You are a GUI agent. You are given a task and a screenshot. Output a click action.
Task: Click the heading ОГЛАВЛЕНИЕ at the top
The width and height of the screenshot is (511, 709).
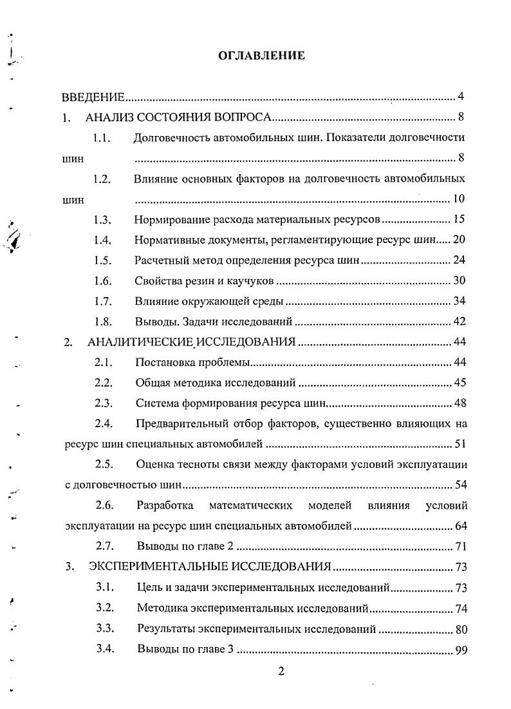pyautogui.click(x=261, y=55)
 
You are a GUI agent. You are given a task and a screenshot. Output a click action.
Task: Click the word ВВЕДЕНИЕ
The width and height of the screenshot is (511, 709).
pyautogui.click(x=93, y=98)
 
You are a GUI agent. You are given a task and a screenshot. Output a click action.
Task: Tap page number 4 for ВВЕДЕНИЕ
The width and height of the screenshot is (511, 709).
pyautogui.click(x=461, y=97)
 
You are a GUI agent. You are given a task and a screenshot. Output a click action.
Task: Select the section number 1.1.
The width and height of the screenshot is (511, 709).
pyautogui.click(x=102, y=137)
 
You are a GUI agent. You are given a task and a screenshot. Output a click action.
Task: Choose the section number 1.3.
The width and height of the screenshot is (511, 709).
pyautogui.click(x=102, y=219)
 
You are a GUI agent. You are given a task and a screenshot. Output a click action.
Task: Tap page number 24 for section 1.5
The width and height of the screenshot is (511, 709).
pyautogui.click(x=459, y=260)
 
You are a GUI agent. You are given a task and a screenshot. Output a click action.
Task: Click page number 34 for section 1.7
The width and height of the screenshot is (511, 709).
pyautogui.click(x=459, y=301)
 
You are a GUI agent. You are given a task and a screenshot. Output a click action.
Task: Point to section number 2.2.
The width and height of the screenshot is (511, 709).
pyautogui.click(x=104, y=383)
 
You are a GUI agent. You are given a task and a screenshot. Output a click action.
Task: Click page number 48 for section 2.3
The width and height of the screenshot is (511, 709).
pyautogui.click(x=460, y=403)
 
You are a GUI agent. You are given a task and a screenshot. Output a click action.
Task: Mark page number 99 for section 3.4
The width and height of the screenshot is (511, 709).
pyautogui.click(x=460, y=650)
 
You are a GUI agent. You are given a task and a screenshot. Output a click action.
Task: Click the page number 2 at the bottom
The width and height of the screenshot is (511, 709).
pyautogui.click(x=281, y=672)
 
